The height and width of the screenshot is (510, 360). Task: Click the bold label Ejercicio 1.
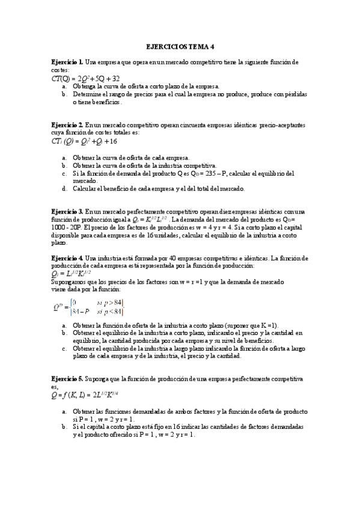click(67, 62)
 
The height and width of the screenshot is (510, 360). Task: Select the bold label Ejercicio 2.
click(67, 125)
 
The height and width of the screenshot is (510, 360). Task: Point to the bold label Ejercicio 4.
click(67, 258)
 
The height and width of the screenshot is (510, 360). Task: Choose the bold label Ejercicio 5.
click(67, 379)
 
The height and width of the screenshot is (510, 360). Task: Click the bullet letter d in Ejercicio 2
click(64, 189)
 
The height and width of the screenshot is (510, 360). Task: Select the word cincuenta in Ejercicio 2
click(175, 125)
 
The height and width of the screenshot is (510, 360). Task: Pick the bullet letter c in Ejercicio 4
click(64, 348)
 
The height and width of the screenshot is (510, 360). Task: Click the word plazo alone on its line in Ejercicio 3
click(59, 242)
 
